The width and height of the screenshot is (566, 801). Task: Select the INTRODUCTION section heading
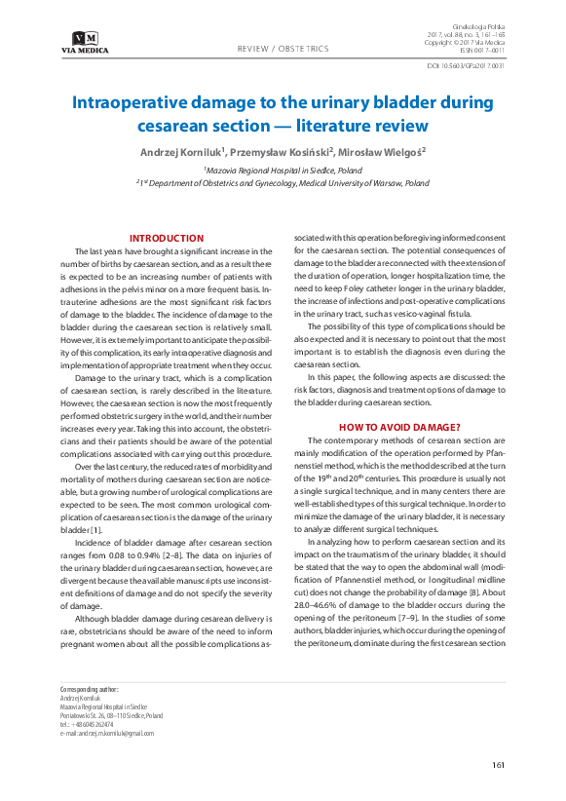pyautogui.click(x=167, y=238)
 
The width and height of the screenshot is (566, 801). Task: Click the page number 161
pyautogui.click(x=498, y=764)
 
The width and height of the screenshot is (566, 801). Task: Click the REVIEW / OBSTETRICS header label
pyautogui.click(x=283, y=49)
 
